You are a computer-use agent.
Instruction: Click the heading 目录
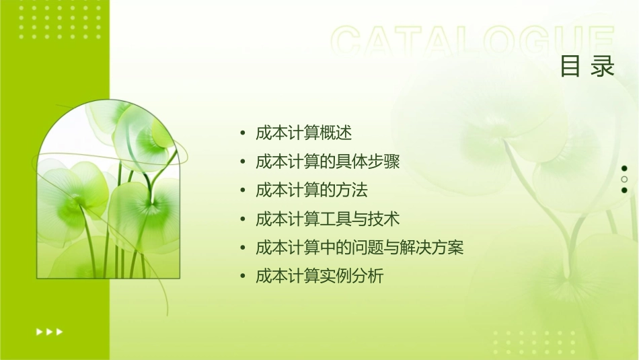coord(587,67)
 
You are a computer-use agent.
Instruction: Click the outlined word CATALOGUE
coord(472,42)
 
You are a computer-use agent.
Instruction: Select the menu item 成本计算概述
coord(304,133)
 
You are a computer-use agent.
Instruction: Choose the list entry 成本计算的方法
coord(312,190)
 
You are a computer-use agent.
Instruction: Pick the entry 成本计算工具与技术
coord(328,219)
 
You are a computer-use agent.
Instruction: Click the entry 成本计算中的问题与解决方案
coord(360,248)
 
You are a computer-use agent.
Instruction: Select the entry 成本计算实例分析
coord(320,276)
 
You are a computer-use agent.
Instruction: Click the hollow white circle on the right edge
coord(624,179)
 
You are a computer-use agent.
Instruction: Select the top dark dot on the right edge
coord(624,168)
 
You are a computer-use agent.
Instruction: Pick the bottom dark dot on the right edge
coord(624,190)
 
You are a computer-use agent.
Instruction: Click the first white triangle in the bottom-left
coord(39,331)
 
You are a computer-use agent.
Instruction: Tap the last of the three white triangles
coord(60,331)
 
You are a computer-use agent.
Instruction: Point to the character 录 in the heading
coord(603,67)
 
